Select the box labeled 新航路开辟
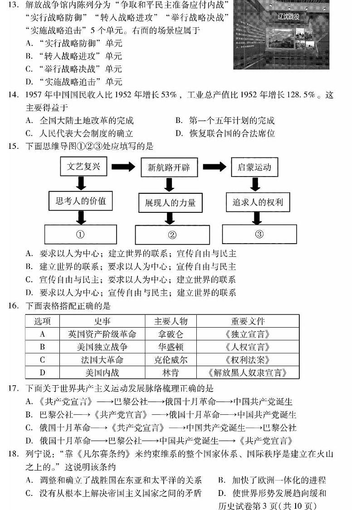click(x=169, y=167)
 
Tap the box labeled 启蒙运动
click(x=254, y=167)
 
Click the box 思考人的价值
click(x=81, y=201)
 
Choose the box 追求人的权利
click(x=258, y=202)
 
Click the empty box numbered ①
click(x=80, y=235)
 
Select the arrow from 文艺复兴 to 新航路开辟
click(x=123, y=167)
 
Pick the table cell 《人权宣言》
click(x=248, y=347)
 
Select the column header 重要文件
click(x=248, y=321)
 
